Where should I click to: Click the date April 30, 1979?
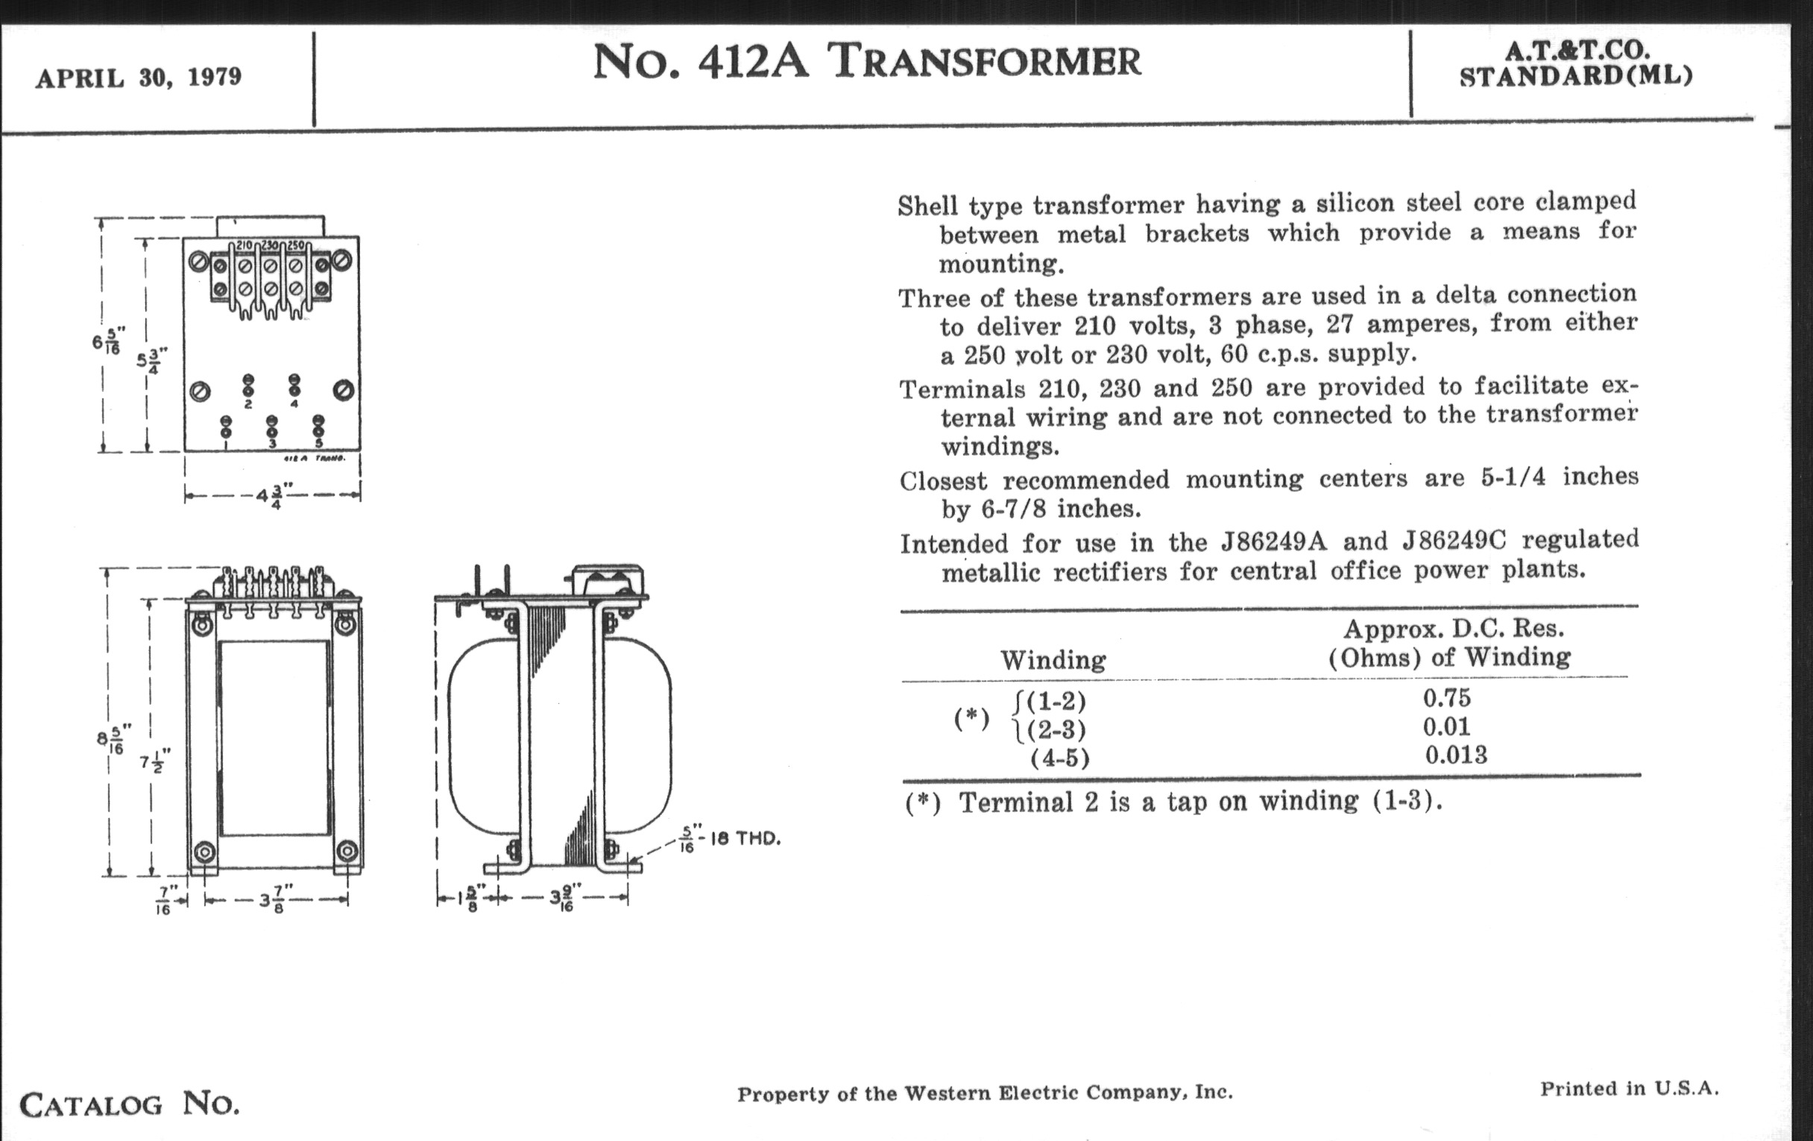tap(139, 78)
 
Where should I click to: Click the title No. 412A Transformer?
tap(866, 62)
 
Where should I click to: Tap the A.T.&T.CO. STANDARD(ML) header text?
tap(1577, 63)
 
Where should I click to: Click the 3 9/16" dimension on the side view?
tap(563, 899)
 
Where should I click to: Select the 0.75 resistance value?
tap(1446, 698)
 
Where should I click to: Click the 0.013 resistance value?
tap(1456, 755)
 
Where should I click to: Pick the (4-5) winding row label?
tap(1060, 758)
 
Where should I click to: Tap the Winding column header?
tap(1053, 661)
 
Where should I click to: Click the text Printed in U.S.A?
tap(1630, 1088)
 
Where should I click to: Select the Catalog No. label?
tap(130, 1104)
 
